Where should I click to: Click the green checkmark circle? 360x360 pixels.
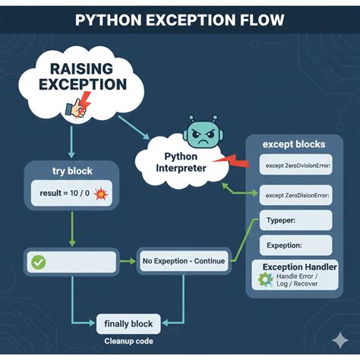point(37,261)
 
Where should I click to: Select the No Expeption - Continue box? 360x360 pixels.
point(183,261)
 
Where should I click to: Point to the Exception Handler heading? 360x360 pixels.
point(298,267)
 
